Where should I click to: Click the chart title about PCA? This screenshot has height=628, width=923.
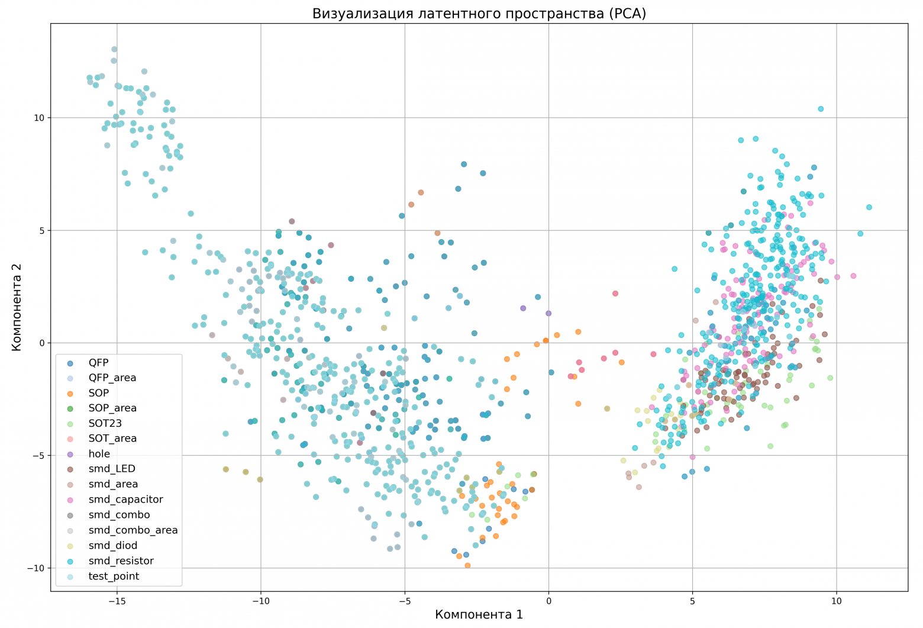(x=479, y=14)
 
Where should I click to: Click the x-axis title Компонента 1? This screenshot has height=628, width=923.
(x=479, y=614)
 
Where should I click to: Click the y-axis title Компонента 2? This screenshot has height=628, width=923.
(x=17, y=307)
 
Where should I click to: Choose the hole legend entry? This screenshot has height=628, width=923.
(x=99, y=453)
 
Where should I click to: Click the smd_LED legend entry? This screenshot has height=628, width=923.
(x=112, y=469)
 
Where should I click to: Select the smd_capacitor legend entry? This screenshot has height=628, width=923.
(x=125, y=500)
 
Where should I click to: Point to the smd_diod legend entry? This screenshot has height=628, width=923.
(x=113, y=546)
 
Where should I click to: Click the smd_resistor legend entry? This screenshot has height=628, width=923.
(x=121, y=561)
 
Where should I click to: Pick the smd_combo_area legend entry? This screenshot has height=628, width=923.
(x=133, y=530)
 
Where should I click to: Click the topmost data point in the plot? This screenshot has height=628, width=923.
(x=114, y=49)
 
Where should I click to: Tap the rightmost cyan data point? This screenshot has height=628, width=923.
(x=869, y=207)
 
